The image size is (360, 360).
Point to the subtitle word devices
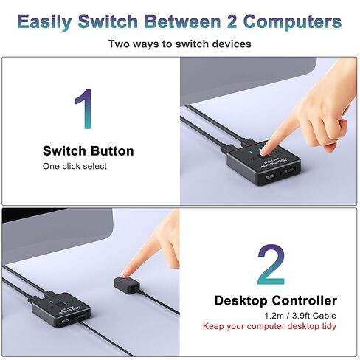pos(230,44)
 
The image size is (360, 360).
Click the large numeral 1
pos(87,108)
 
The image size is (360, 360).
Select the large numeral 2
pos(271,266)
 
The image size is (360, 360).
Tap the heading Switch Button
pos(88,151)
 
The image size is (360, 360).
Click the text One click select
pos(75,167)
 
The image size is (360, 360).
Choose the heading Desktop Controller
pos(275,300)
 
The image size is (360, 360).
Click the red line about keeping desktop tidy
pos(275,326)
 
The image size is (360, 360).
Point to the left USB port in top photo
pos(269,177)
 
